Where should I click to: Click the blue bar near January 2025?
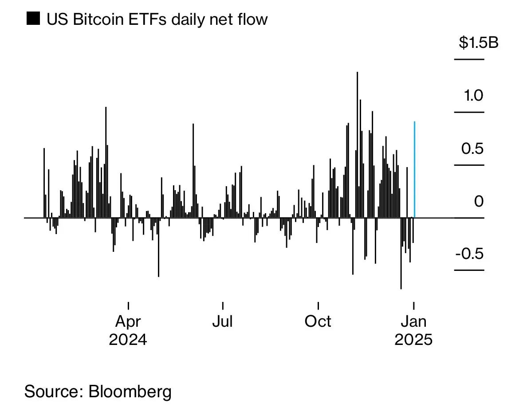pyautogui.click(x=414, y=168)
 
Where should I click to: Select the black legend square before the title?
pyautogui.click(x=32, y=19)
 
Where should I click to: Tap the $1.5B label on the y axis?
pyautogui.click(x=479, y=43)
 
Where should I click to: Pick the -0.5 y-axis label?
pyautogui.click(x=469, y=254)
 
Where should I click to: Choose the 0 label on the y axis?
pyautogui.click(x=479, y=202)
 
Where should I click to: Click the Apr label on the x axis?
pyautogui.click(x=128, y=321)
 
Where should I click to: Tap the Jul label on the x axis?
pyautogui.click(x=222, y=321)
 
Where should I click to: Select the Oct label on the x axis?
pyautogui.click(x=318, y=321)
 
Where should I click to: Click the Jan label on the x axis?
pyautogui.click(x=414, y=321)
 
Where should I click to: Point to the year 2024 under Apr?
pyautogui.click(x=128, y=340)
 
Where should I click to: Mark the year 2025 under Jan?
pyautogui.click(x=413, y=340)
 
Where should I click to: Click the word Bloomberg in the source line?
pyautogui.click(x=130, y=391)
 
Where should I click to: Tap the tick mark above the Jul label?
pyautogui.click(x=222, y=306)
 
